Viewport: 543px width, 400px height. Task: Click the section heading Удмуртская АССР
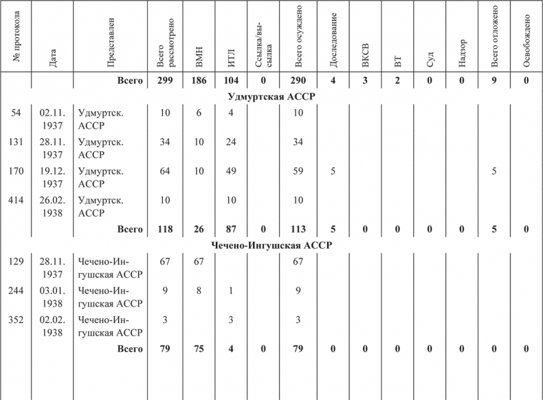click(271, 96)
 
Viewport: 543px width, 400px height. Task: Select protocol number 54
click(16, 112)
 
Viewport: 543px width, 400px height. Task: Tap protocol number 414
click(16, 199)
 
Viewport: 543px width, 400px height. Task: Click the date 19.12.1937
click(52, 177)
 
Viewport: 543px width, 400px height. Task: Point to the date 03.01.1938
click(52, 296)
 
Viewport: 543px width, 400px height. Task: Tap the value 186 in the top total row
click(199, 81)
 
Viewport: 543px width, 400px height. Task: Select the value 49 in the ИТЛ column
click(232, 170)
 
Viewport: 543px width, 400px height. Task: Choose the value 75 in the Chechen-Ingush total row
click(199, 349)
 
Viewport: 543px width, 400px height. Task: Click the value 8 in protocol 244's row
click(199, 290)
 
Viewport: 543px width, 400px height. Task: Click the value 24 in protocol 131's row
click(232, 142)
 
